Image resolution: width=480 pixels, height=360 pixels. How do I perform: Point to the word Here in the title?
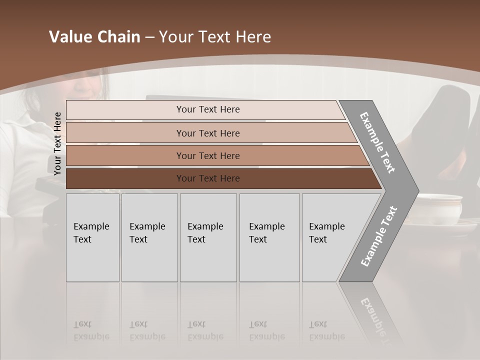tap(253, 37)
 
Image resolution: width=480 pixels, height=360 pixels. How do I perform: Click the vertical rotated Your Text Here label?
tap(57, 143)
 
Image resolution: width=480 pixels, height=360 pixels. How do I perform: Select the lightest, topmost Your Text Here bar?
tap(207, 109)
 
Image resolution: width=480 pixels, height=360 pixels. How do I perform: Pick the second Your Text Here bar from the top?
tap(207, 133)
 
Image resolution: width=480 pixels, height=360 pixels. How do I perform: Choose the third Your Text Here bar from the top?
tap(207, 155)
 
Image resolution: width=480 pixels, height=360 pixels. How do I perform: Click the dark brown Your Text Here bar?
tap(207, 178)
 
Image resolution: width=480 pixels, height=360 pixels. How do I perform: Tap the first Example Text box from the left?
tap(92, 237)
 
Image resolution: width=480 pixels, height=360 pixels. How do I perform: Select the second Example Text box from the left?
tap(149, 237)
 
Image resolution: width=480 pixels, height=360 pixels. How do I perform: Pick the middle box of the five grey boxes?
tap(208, 237)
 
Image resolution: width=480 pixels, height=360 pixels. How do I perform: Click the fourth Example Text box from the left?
tap(269, 237)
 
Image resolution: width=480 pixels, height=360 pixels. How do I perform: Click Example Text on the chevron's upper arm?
tap(378, 142)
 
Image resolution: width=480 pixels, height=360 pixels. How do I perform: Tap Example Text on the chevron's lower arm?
tap(379, 236)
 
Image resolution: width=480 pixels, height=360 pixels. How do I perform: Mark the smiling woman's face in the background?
tap(87, 85)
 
